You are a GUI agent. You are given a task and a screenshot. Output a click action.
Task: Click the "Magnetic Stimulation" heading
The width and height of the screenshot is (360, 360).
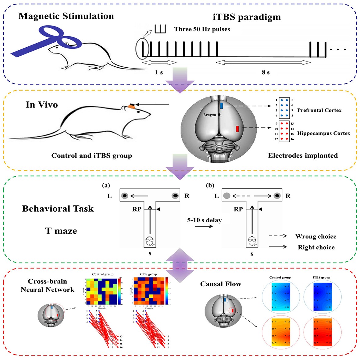click(66, 16)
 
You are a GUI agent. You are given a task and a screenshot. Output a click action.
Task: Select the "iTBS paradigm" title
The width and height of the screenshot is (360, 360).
click(247, 17)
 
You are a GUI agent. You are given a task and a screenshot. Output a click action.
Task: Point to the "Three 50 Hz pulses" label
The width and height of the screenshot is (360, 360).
click(202, 29)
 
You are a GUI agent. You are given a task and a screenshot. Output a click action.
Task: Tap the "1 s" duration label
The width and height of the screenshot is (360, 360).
click(159, 72)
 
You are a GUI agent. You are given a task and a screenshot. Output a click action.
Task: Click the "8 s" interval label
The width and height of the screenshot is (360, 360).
click(266, 72)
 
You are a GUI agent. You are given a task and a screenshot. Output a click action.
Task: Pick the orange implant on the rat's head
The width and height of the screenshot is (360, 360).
click(131, 106)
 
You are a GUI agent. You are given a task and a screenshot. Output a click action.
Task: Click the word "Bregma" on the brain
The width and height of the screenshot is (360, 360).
click(210, 115)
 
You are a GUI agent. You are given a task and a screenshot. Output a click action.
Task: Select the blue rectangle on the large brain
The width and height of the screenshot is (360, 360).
click(221, 105)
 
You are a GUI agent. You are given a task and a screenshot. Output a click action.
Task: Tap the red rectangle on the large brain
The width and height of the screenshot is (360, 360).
click(237, 129)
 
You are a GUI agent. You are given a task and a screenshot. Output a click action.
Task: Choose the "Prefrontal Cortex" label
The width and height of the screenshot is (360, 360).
click(319, 110)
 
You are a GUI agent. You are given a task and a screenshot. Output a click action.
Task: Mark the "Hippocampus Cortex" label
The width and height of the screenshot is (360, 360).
click(323, 133)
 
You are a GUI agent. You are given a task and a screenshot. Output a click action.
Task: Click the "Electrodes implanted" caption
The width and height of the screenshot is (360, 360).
click(303, 155)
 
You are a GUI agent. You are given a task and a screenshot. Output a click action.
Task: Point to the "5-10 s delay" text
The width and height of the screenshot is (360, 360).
click(204, 220)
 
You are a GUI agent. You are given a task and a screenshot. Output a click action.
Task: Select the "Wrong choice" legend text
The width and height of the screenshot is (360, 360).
click(315, 237)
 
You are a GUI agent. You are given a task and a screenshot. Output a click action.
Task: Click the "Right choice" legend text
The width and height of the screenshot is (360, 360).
click(316, 247)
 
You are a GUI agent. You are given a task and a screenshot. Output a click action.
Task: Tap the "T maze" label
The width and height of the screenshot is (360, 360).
click(61, 231)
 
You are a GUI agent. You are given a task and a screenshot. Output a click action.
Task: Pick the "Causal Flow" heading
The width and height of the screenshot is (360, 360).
click(220, 284)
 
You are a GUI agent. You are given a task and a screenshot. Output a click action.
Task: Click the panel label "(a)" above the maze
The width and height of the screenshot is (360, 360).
click(106, 185)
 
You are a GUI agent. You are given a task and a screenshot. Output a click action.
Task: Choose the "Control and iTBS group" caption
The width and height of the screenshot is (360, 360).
click(91, 156)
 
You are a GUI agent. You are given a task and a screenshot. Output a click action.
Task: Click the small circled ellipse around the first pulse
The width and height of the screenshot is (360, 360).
click(142, 49)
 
